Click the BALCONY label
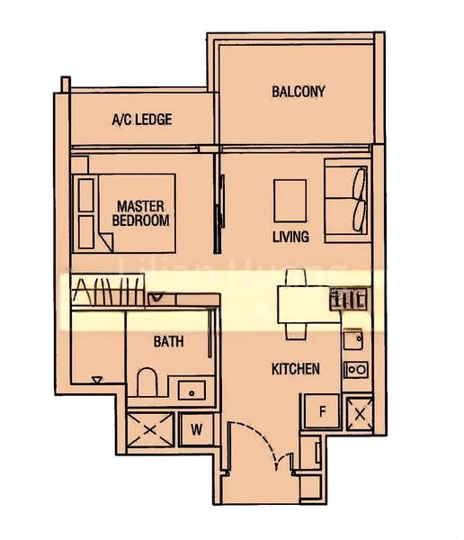[298, 91]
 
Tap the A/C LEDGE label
[141, 120]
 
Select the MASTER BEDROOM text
[140, 213]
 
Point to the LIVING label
[290, 238]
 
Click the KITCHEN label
[296, 369]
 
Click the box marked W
[195, 428]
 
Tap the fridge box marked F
[321, 412]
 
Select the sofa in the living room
[346, 202]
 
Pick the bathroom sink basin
[191, 390]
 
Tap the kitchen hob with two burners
[356, 369]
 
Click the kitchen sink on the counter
[353, 339]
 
